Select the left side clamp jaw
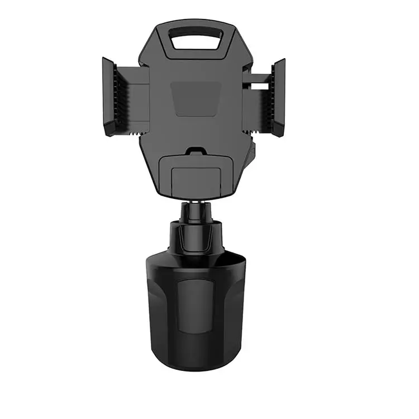[109, 96]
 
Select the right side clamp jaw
[279, 96]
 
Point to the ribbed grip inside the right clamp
[270, 96]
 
